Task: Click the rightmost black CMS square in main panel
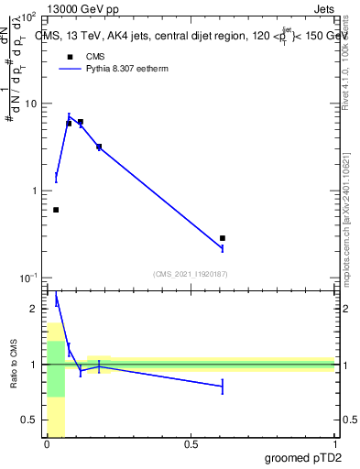pos(223,238)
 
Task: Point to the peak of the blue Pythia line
pos(69,116)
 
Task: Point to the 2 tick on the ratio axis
pos(35,310)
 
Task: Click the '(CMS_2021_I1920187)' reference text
pos(191,273)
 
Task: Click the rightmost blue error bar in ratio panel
pos(223,387)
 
